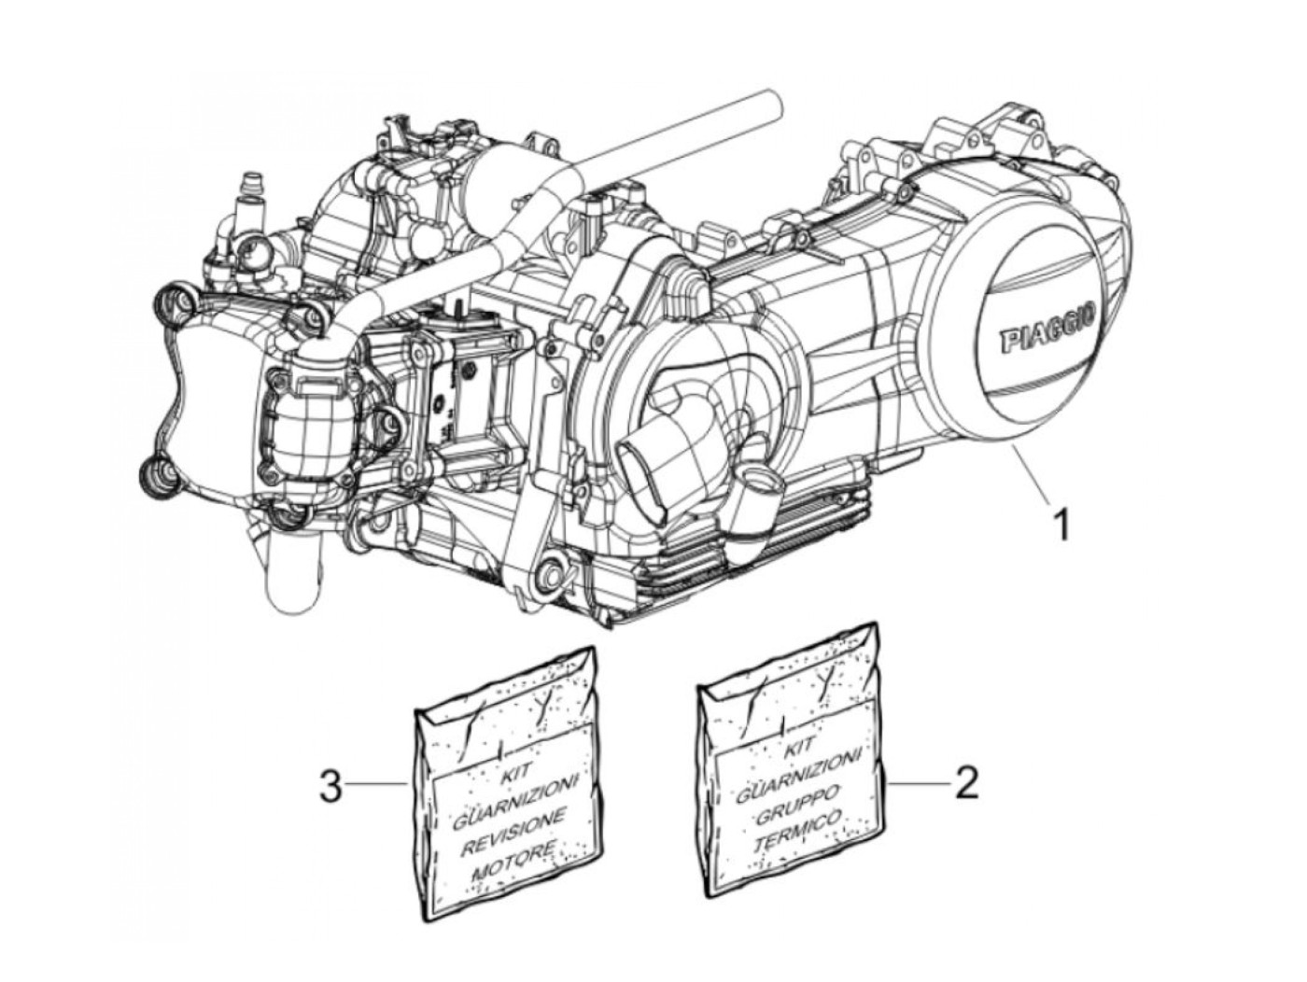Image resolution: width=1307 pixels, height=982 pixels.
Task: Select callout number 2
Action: [966, 782]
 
